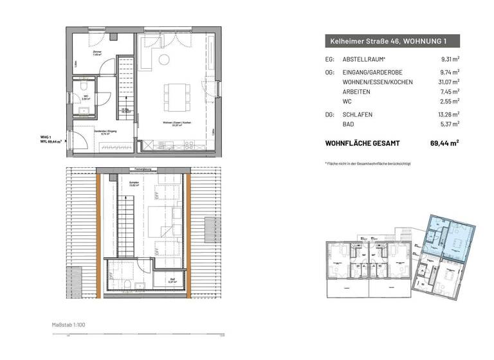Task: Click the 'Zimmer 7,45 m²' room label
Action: [x=98, y=54]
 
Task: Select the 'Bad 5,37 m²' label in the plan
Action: [x=172, y=280]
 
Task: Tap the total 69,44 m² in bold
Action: [x=444, y=143]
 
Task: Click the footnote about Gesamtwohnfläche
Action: [x=368, y=164]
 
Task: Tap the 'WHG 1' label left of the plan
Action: [x=45, y=137]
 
